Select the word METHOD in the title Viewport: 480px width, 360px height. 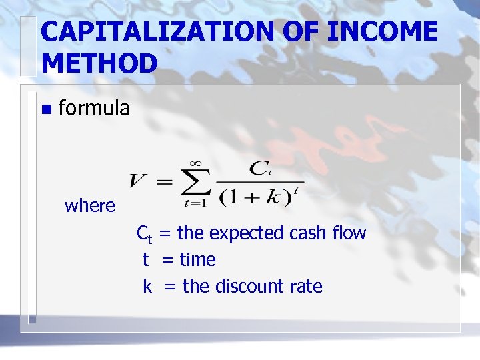click(99, 63)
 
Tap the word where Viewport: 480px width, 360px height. click(90, 206)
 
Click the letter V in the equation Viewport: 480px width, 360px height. click(139, 181)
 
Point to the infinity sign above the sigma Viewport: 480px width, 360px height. click(195, 162)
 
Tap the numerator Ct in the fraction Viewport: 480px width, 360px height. click(259, 168)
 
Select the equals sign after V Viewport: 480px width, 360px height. click(163, 182)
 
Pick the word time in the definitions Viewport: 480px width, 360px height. click(198, 259)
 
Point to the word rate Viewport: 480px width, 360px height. click(306, 287)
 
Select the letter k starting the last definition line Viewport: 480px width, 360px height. click(147, 286)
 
